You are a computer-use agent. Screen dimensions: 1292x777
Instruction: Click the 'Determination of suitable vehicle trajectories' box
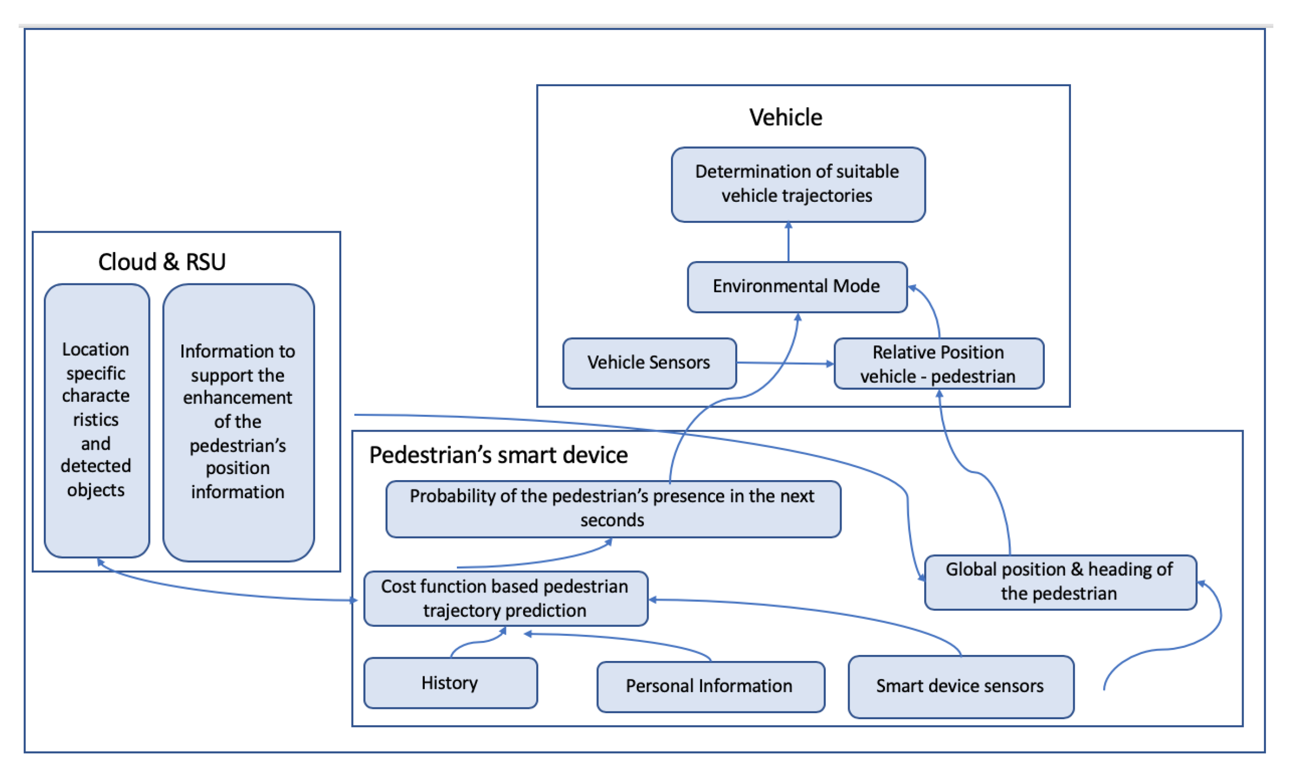798,184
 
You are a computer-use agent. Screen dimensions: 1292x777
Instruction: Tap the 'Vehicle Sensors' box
649,363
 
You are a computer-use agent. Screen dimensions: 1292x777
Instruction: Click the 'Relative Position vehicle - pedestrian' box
938,364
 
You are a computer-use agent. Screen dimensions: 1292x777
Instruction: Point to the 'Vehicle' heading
785,117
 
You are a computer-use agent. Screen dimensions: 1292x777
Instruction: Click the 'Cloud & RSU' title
162,262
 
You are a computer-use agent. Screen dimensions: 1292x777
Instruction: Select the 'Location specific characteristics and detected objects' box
97,420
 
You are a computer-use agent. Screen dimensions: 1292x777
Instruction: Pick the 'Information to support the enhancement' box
238,423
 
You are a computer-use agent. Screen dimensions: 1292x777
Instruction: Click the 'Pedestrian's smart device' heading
498,454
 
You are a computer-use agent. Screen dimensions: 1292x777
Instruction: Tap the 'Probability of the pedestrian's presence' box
613,509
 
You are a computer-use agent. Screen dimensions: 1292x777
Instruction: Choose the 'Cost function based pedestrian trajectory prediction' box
505,598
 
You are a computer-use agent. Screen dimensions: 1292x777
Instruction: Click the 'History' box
450,683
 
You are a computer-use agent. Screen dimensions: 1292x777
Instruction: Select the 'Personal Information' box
710,687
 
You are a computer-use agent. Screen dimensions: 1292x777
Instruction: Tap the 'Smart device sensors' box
960,687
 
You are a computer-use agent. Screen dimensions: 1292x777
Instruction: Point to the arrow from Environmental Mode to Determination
788,242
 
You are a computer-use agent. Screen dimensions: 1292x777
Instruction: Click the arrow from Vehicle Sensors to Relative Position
785,363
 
